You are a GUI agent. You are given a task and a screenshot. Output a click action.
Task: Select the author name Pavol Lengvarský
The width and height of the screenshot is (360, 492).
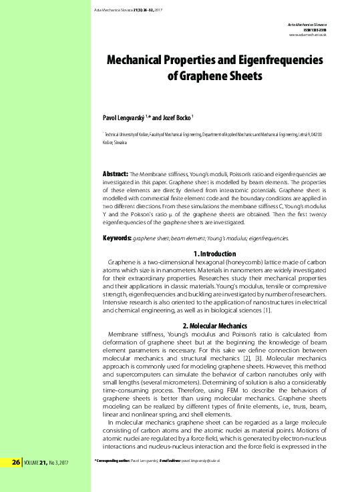pyautogui.click(x=127, y=115)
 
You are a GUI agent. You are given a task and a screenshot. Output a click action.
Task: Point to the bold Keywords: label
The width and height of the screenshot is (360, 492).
pyautogui.click(x=116, y=238)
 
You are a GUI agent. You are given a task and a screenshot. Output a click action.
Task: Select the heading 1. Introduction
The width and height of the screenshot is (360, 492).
pyautogui.click(x=214, y=254)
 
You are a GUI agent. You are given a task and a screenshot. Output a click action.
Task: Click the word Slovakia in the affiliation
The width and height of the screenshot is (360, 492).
pyautogui.click(x=124, y=142)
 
